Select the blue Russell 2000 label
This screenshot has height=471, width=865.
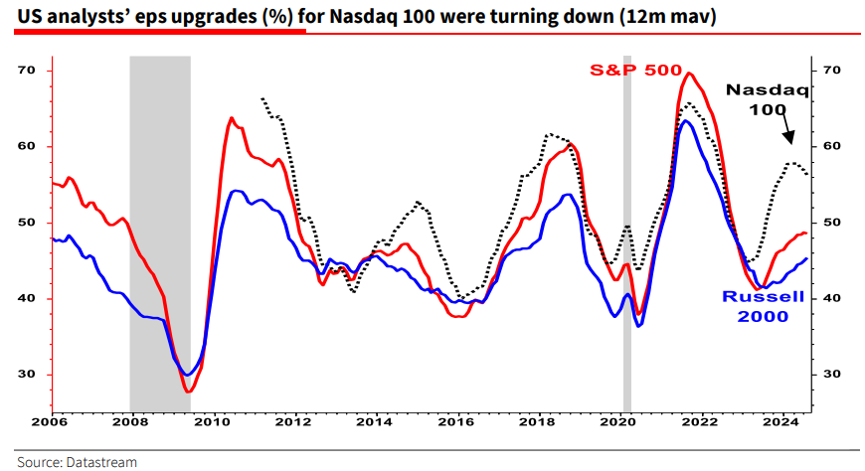[x=757, y=307]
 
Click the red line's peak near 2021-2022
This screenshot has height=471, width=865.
[x=688, y=73]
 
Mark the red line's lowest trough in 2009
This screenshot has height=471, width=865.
[x=187, y=392]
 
